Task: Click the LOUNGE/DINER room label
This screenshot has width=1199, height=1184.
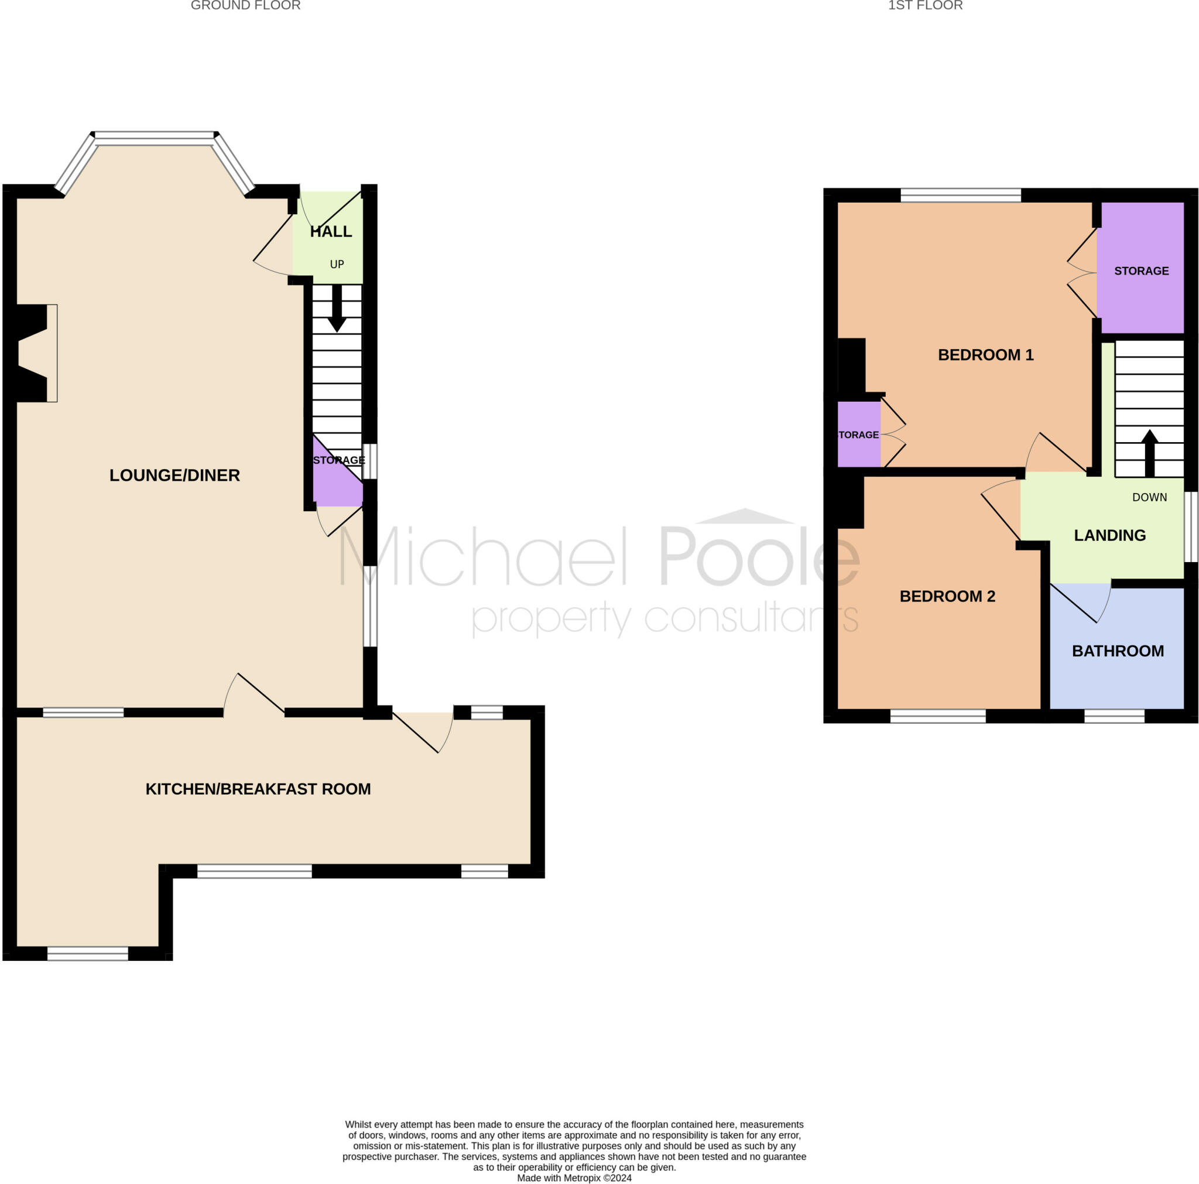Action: click(x=174, y=475)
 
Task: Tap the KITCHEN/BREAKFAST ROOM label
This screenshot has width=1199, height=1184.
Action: click(x=258, y=789)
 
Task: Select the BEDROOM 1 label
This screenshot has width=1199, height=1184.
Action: click(x=985, y=354)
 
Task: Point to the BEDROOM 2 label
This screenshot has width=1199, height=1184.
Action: click(x=947, y=596)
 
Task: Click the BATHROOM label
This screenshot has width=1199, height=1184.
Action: click(x=1118, y=651)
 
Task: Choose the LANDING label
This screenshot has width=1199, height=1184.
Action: click(x=1109, y=535)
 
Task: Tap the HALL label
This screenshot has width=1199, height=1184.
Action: click(x=331, y=231)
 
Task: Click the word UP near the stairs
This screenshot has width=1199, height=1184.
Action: click(x=337, y=265)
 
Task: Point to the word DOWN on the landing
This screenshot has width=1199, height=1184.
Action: click(x=1149, y=497)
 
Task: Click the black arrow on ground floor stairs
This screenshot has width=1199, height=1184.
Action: click(x=337, y=309)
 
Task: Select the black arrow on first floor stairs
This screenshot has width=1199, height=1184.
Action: click(x=1149, y=453)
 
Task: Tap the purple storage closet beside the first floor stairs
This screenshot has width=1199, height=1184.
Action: click(x=1140, y=268)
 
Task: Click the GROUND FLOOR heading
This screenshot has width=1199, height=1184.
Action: click(x=246, y=6)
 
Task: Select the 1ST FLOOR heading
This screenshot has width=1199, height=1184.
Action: click(x=926, y=6)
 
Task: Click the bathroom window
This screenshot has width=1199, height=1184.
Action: click(x=1114, y=716)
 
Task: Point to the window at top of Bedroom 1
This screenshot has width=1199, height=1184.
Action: click(x=961, y=195)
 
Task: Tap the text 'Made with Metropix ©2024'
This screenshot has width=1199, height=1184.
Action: click(x=575, y=1178)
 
